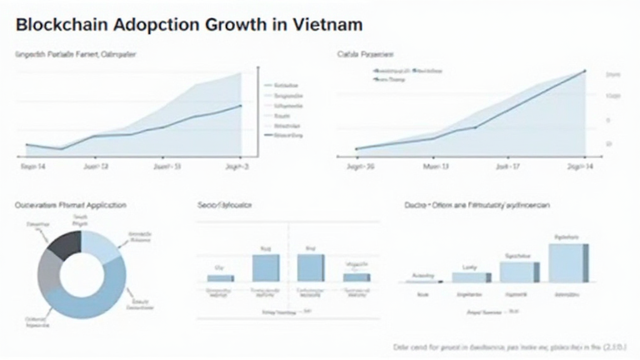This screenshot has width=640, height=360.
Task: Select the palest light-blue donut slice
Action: point(99,245)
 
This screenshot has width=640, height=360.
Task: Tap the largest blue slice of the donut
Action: point(94,300)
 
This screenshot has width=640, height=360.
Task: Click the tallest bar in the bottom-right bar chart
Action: point(568,262)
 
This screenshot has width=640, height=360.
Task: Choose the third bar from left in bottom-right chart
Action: point(519,271)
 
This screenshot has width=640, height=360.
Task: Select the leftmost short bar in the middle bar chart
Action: point(220,277)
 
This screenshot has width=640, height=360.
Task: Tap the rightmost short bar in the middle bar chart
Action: point(356,277)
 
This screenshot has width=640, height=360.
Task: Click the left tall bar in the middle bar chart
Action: point(266,267)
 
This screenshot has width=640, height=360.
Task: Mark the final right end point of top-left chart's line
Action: point(241,106)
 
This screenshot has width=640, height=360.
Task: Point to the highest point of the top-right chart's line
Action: point(584,71)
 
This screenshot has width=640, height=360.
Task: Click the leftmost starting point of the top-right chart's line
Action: point(356,149)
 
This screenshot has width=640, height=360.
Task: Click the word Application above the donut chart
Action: point(103,205)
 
